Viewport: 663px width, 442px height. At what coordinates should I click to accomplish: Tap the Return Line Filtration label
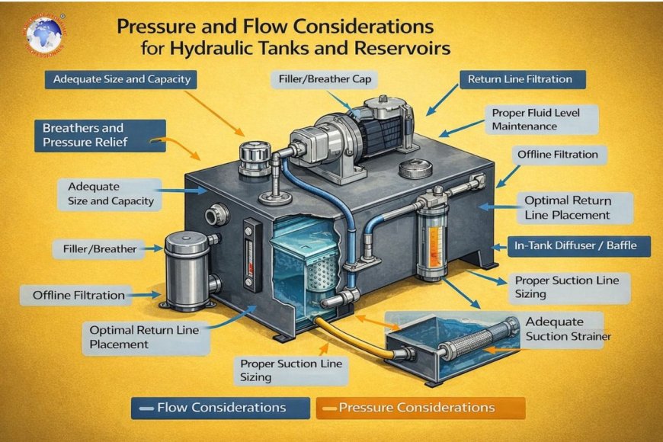coord(520,78)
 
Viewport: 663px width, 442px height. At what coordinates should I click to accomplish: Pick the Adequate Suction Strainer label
coord(567,328)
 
